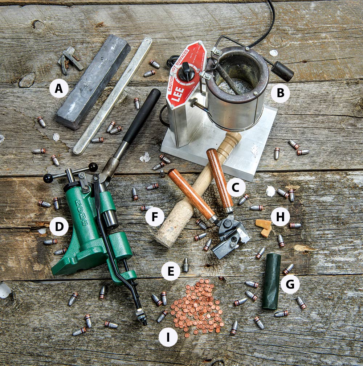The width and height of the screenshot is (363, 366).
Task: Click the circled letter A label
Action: click(59, 89)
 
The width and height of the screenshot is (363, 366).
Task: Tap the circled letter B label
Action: click(280, 93)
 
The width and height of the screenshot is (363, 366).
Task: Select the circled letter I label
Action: click(168, 337)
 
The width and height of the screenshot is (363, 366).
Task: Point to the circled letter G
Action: click(290, 284)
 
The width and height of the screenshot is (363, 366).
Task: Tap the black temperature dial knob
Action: click(187, 71)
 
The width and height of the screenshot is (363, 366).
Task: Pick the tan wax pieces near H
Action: click(264, 227)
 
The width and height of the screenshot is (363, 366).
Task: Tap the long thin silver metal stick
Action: click(113, 96)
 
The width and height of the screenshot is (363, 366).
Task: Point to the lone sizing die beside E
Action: click(186, 266)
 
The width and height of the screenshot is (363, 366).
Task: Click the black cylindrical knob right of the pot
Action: click(282, 71)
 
